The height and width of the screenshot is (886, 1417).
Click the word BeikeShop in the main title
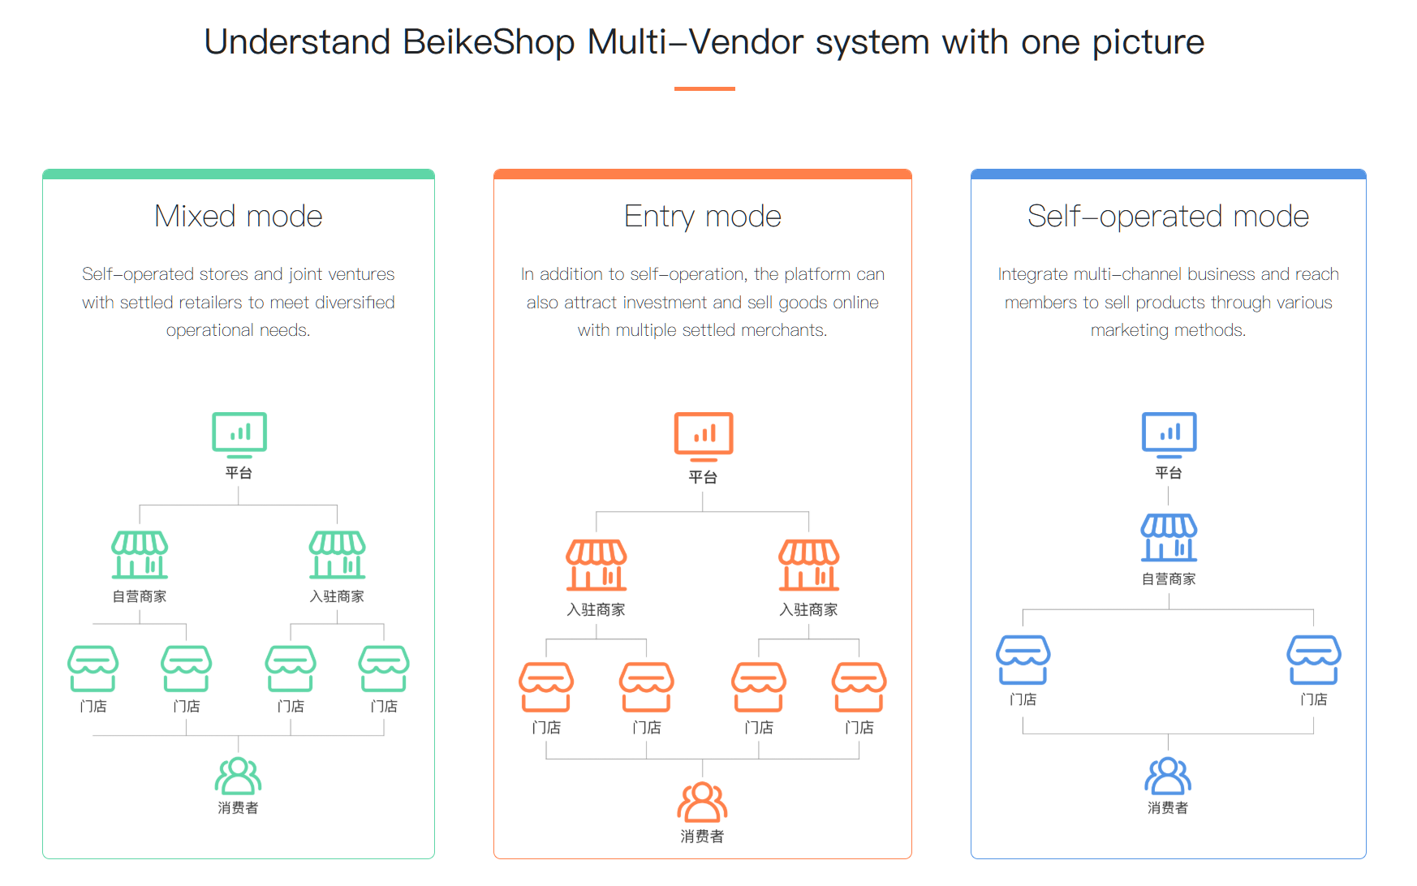[x=489, y=42]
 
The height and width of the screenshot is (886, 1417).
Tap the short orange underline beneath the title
[x=704, y=88]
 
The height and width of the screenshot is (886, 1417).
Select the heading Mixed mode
[x=239, y=217]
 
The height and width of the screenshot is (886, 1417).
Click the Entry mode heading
[x=703, y=217]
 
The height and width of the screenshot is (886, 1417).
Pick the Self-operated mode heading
[x=1168, y=217]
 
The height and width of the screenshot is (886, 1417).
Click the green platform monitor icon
[x=239, y=435]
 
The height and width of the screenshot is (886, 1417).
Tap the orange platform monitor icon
[x=704, y=437]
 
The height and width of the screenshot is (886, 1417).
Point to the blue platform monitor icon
[x=1169, y=435]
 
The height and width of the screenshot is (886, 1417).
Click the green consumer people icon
[x=238, y=776]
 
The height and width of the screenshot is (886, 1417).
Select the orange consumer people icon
[x=702, y=802]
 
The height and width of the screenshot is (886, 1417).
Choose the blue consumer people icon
[x=1168, y=776]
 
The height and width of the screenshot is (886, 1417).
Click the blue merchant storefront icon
[x=1169, y=538]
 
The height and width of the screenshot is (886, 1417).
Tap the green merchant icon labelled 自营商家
[x=140, y=555]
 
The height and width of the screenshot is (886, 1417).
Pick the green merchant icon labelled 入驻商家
[x=338, y=555]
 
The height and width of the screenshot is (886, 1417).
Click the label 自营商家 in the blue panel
[x=1169, y=579]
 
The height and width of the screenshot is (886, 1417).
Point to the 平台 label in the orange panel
[x=703, y=477]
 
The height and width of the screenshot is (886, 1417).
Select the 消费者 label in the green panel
[x=238, y=808]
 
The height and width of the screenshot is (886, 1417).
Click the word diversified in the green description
[x=355, y=303]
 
